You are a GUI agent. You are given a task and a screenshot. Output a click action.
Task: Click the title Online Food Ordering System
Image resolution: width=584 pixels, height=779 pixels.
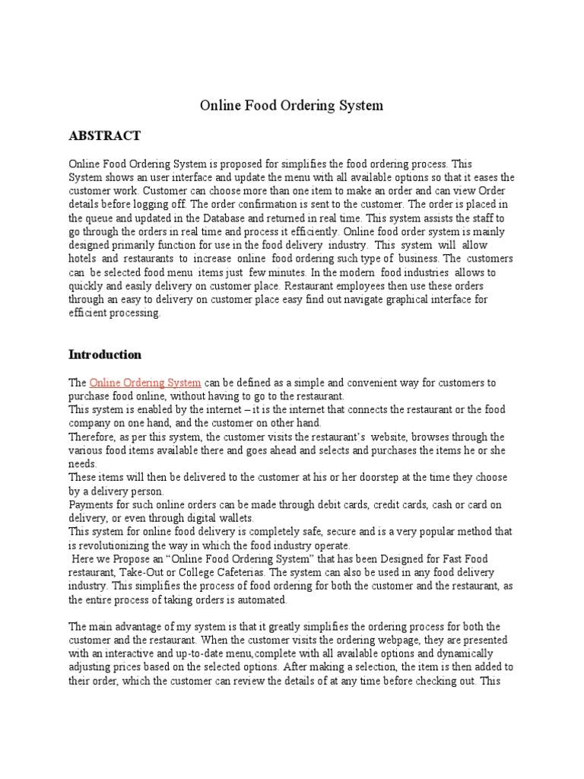[291, 106]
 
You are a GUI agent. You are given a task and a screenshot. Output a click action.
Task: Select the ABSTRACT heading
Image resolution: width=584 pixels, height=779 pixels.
[104, 135]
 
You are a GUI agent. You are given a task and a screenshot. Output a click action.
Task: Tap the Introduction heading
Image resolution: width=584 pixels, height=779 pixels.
[105, 355]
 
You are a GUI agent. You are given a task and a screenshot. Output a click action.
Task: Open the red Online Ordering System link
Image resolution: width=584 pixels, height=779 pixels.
[145, 382]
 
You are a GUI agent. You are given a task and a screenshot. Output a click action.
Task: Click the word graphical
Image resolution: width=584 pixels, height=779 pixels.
[419, 300]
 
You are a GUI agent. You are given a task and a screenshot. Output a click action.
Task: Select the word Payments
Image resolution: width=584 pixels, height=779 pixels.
[92, 505]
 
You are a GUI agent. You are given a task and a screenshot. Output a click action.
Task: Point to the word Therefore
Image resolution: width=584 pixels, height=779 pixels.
[93, 437]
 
